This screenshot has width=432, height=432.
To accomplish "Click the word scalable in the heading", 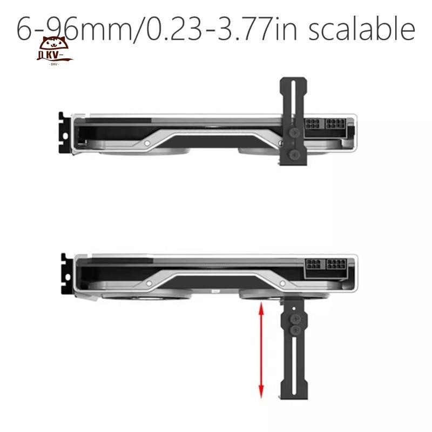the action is coord(361,29).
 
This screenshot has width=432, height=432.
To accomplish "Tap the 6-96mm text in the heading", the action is coord(75,29).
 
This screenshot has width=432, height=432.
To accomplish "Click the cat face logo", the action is coord(55,50).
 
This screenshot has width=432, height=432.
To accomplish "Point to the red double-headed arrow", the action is coord(261,350).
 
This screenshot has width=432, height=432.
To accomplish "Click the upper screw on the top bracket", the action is coord(294,133).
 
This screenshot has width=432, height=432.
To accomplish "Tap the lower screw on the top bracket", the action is coord(294,154).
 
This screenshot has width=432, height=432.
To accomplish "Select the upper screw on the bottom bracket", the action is coord(295,319).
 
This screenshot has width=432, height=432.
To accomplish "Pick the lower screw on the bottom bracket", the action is coord(295,329).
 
